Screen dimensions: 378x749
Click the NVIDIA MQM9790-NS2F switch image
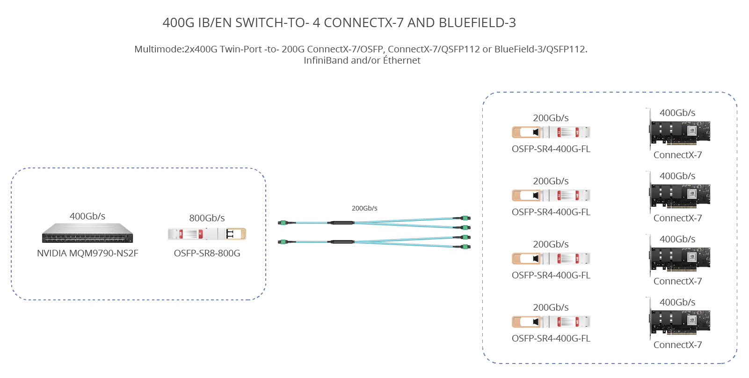click(x=87, y=233)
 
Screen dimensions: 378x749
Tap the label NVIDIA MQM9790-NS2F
click(x=87, y=253)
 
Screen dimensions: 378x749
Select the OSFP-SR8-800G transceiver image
click(x=207, y=233)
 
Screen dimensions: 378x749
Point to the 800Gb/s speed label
click(x=207, y=218)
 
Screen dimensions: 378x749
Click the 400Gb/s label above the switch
click(x=87, y=216)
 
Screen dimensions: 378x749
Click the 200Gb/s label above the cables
click(x=364, y=208)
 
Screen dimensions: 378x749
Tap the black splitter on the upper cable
click(x=341, y=223)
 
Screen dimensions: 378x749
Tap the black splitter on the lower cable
click(x=341, y=242)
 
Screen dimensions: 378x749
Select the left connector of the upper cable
click(x=282, y=223)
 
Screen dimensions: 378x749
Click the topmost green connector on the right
click(x=465, y=218)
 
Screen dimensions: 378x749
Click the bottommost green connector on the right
click(x=465, y=247)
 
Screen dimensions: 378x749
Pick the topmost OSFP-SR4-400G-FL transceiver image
click(x=551, y=132)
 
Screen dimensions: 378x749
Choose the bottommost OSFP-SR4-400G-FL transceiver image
click(x=551, y=322)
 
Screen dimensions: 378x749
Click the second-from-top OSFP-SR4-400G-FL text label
click(x=551, y=212)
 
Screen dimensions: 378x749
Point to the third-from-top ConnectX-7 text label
click(x=677, y=281)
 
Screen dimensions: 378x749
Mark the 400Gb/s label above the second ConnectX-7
click(x=677, y=176)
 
